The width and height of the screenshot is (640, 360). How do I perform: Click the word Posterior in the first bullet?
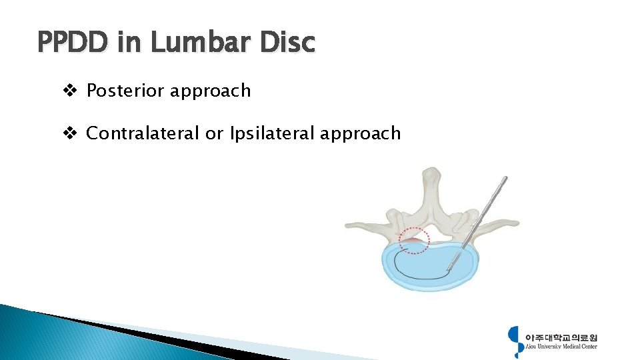pos(125,91)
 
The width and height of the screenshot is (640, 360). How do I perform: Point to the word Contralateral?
pos(143,133)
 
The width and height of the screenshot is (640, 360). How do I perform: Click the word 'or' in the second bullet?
pos(214,133)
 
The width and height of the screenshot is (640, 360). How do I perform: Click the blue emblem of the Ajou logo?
pos(515,340)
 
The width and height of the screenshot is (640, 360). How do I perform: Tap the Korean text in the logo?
pos(561,337)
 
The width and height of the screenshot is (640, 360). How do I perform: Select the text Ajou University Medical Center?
pos(561,347)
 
